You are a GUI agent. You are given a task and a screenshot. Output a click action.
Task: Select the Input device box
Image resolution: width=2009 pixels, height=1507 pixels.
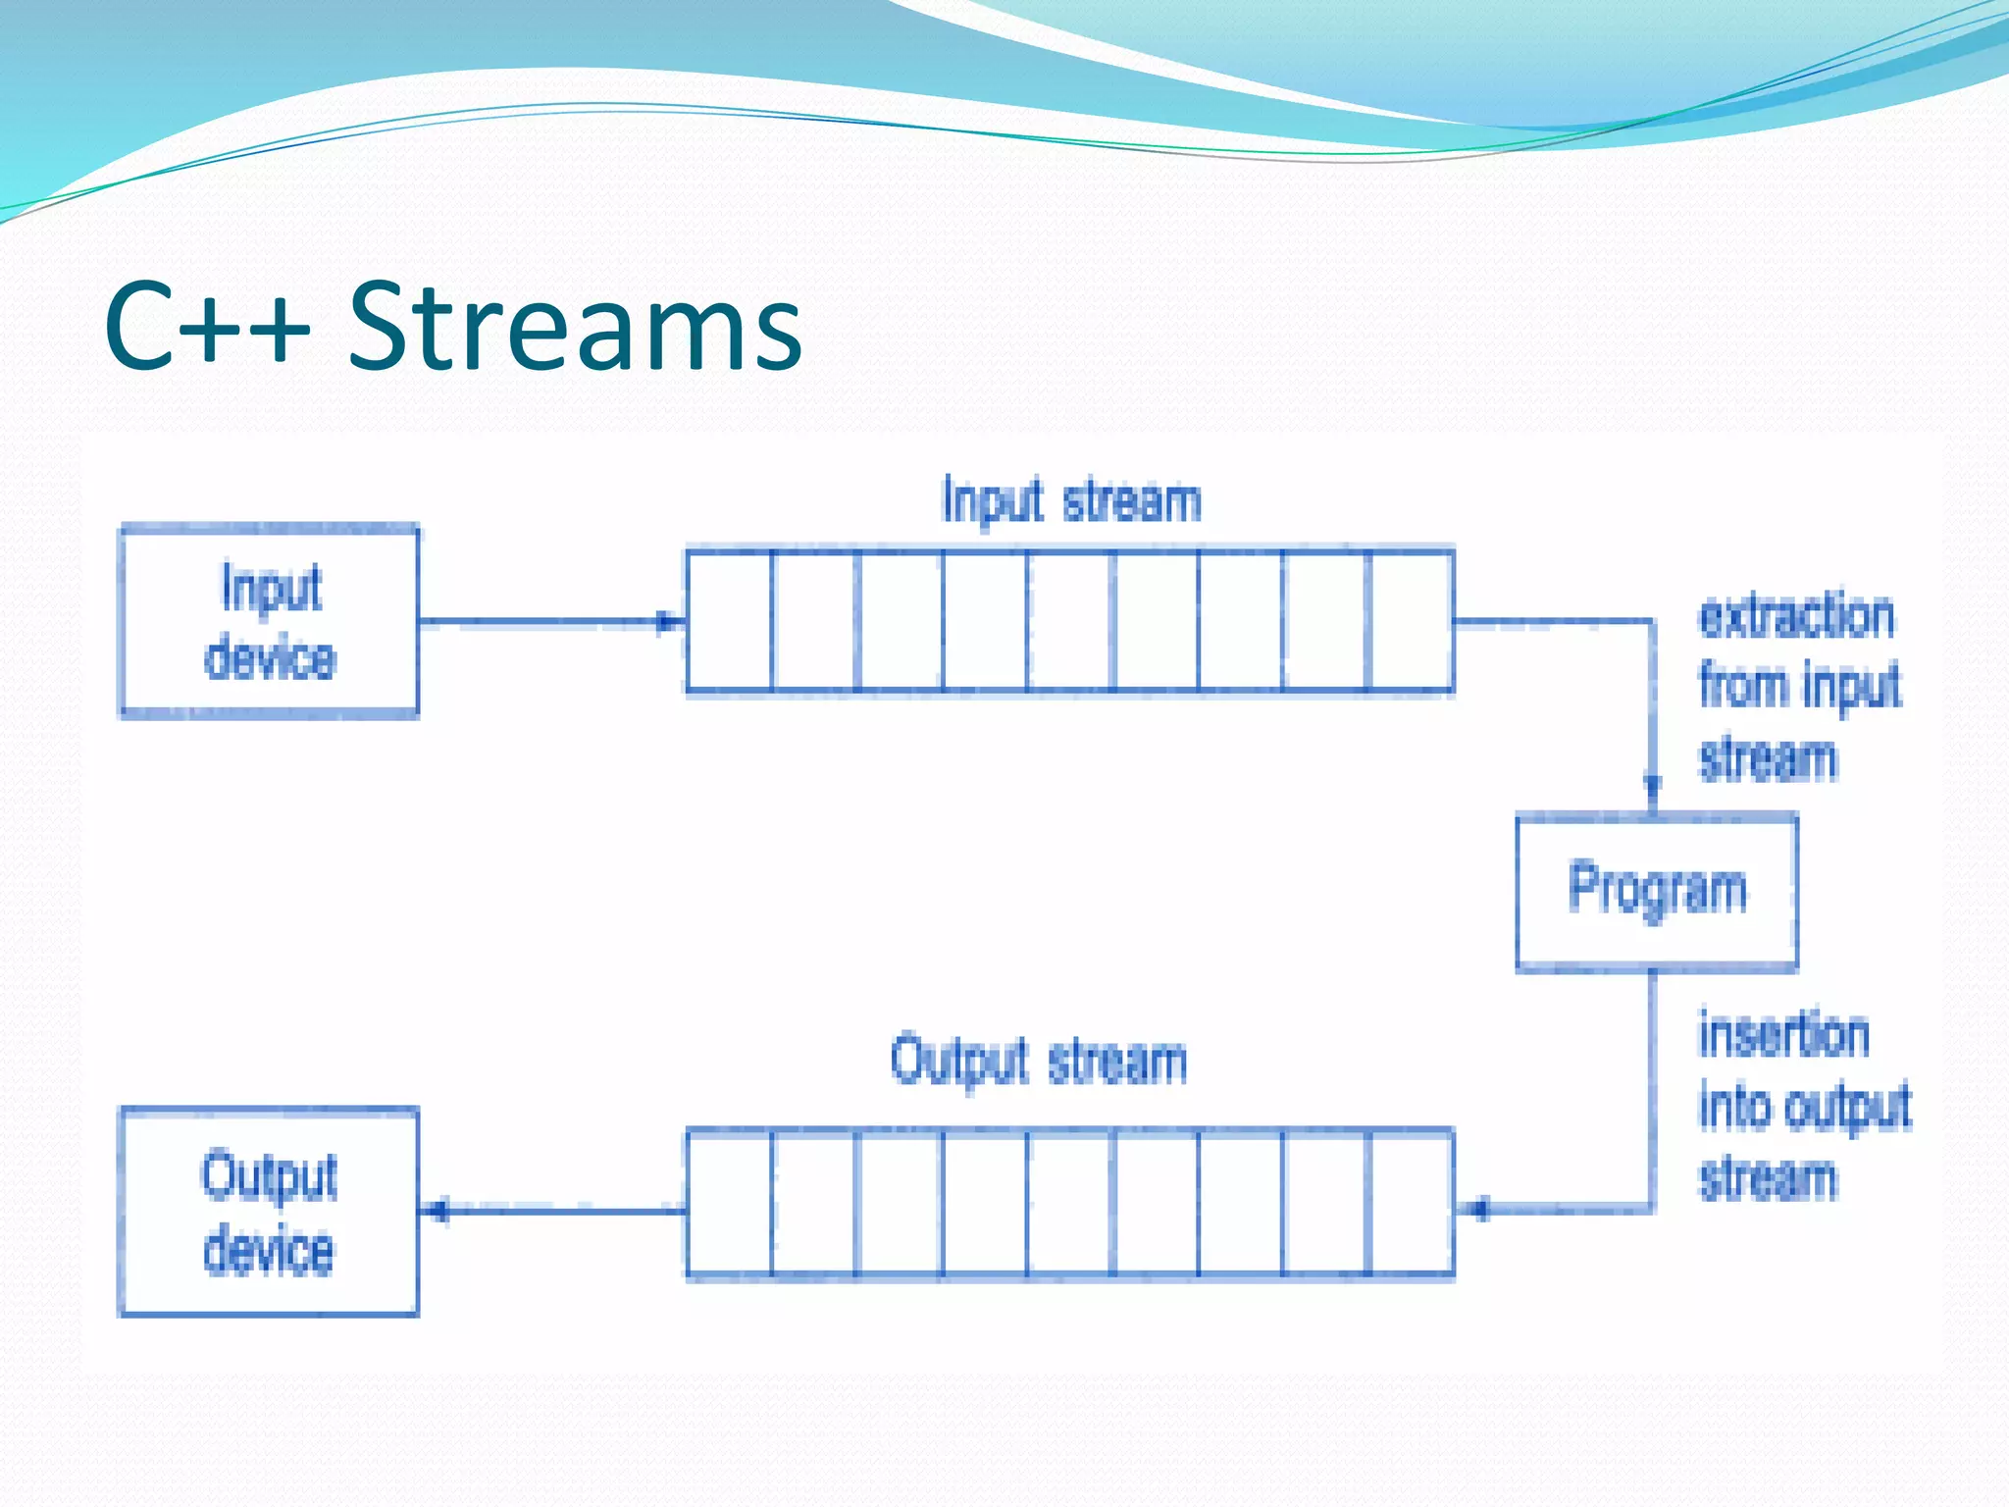269,622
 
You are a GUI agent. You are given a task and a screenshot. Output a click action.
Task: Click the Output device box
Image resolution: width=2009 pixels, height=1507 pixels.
269,1213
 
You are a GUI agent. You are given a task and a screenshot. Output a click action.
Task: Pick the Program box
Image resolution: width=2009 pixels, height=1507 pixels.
1657,891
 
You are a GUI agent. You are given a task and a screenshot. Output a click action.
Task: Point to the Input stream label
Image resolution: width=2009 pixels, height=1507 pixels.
1071,501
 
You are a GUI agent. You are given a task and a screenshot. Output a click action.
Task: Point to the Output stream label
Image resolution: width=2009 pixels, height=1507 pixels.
1039,1062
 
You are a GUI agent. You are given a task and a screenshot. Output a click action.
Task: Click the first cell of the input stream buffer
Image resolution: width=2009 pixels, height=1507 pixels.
729,621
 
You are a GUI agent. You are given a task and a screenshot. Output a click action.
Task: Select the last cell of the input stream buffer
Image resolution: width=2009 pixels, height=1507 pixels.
1411,621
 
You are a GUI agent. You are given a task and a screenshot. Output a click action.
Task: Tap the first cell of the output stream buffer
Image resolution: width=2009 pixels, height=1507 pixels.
729,1203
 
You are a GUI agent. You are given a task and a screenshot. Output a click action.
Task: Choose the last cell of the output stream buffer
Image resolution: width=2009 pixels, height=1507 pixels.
1411,1203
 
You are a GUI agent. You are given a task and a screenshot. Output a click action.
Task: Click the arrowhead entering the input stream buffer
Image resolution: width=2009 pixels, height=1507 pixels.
669,621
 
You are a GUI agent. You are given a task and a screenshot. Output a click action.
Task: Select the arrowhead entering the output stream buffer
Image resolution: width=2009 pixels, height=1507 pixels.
1478,1209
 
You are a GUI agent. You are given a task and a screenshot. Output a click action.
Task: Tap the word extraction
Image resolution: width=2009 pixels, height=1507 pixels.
1796,618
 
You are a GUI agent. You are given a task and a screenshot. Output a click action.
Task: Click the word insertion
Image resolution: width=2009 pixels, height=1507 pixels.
1783,1036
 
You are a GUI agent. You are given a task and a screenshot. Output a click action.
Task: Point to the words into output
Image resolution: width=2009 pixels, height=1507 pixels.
1805,1108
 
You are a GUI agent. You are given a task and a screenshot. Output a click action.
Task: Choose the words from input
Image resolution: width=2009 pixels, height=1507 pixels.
1800,686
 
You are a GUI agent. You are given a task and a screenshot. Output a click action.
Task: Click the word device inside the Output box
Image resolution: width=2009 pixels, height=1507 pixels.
269,1251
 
